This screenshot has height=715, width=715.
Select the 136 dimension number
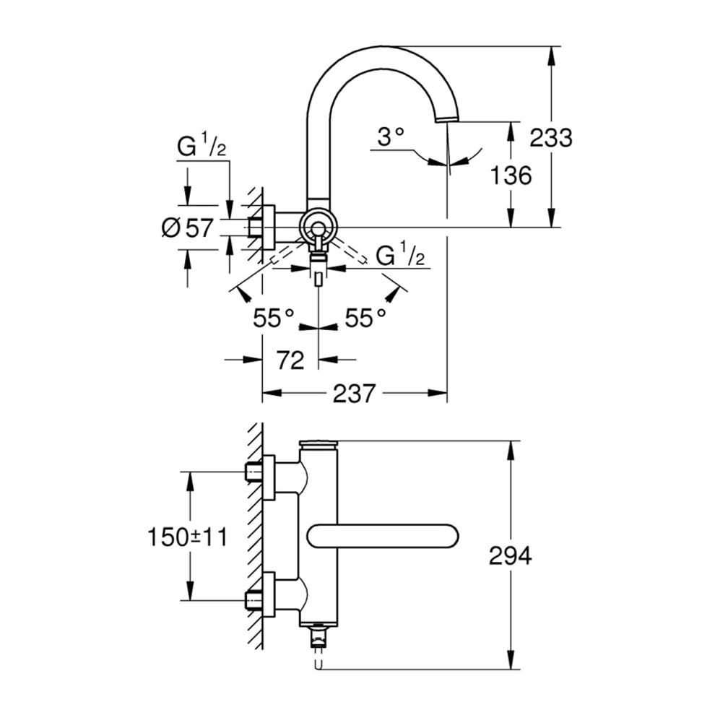(x=510, y=175)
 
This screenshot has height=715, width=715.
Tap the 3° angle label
(x=390, y=137)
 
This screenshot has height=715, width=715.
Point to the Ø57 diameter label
(x=187, y=228)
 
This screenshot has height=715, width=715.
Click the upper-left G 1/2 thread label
(x=202, y=147)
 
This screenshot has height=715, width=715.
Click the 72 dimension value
(x=290, y=359)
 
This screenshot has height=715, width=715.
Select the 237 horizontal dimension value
(x=354, y=394)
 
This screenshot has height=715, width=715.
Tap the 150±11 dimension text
(x=187, y=537)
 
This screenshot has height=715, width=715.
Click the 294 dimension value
(x=510, y=555)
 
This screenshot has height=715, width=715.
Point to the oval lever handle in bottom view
(x=383, y=537)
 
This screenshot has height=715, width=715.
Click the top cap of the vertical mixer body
(x=318, y=446)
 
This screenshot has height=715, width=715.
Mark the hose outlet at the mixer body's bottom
(x=318, y=636)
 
